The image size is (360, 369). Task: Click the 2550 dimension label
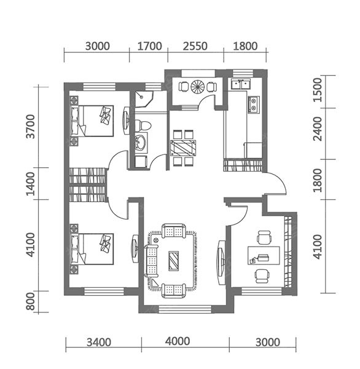pos(195,46)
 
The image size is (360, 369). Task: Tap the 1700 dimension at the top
pos(149,46)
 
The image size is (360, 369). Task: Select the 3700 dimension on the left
pos(31,126)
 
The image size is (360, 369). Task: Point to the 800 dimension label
pos(31,301)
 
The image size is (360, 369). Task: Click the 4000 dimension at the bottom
pos(178,341)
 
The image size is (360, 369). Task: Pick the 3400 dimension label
pos(99,343)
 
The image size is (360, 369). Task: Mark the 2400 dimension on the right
pos(318,129)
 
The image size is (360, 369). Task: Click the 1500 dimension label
pos(318,90)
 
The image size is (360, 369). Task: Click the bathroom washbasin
pos(141,143)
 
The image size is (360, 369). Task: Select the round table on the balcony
pos(198,87)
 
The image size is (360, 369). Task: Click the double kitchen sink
pos(241,84)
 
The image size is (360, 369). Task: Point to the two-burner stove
pos(253,105)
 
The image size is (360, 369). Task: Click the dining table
pos(183,148)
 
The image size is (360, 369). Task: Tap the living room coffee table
pos(173,261)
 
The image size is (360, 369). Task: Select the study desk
pos(264,255)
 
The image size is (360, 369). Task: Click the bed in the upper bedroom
pos(92,121)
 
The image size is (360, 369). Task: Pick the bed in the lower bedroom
pos(92,249)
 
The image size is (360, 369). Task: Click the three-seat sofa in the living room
pos(151,261)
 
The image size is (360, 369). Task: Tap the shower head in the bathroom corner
pos(141,97)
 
